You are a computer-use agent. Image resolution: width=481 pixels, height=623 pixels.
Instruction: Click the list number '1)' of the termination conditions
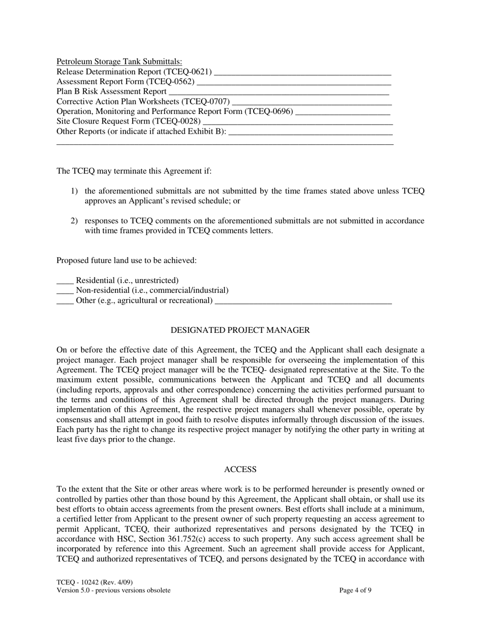tap(74, 191)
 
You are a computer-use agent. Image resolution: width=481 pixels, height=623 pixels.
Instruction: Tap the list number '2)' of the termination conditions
tap(74, 221)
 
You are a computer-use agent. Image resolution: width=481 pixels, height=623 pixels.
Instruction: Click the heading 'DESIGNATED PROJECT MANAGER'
tap(240, 330)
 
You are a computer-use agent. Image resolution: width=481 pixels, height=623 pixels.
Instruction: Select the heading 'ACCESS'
tap(240, 470)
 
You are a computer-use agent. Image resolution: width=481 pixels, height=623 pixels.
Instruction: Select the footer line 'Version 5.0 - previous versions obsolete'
tap(113, 590)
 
